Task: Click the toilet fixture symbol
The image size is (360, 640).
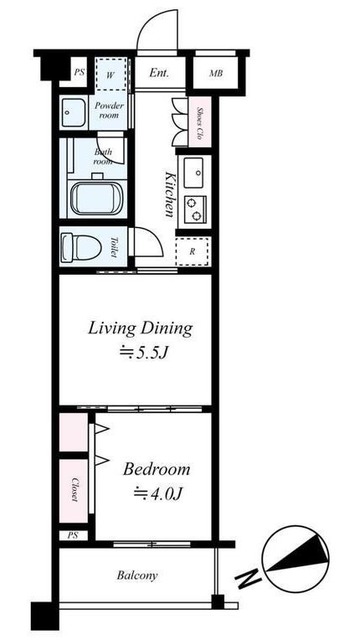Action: pyautogui.click(x=81, y=247)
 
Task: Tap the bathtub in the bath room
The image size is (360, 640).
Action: pyautogui.click(x=96, y=198)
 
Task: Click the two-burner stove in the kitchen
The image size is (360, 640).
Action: pyautogui.click(x=195, y=209)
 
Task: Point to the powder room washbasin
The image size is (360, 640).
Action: pyautogui.click(x=72, y=112)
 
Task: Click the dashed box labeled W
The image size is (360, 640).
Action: pyautogui.click(x=110, y=75)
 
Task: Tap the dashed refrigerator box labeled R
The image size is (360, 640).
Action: pyautogui.click(x=192, y=251)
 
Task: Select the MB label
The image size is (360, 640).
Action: pyautogui.click(x=216, y=74)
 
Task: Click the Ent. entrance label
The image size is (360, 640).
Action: pyautogui.click(x=159, y=73)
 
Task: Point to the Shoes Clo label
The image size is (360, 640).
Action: pyautogui.click(x=200, y=123)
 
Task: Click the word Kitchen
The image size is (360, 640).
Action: pyautogui.click(x=170, y=194)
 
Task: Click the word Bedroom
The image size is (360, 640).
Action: pyautogui.click(x=156, y=469)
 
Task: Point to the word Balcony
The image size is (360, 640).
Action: pyautogui.click(x=137, y=576)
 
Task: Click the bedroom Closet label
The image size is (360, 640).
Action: pyautogui.click(x=74, y=489)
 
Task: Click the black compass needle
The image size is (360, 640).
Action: pyautogui.click(x=298, y=558)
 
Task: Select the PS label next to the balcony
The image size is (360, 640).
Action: pyautogui.click(x=72, y=535)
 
